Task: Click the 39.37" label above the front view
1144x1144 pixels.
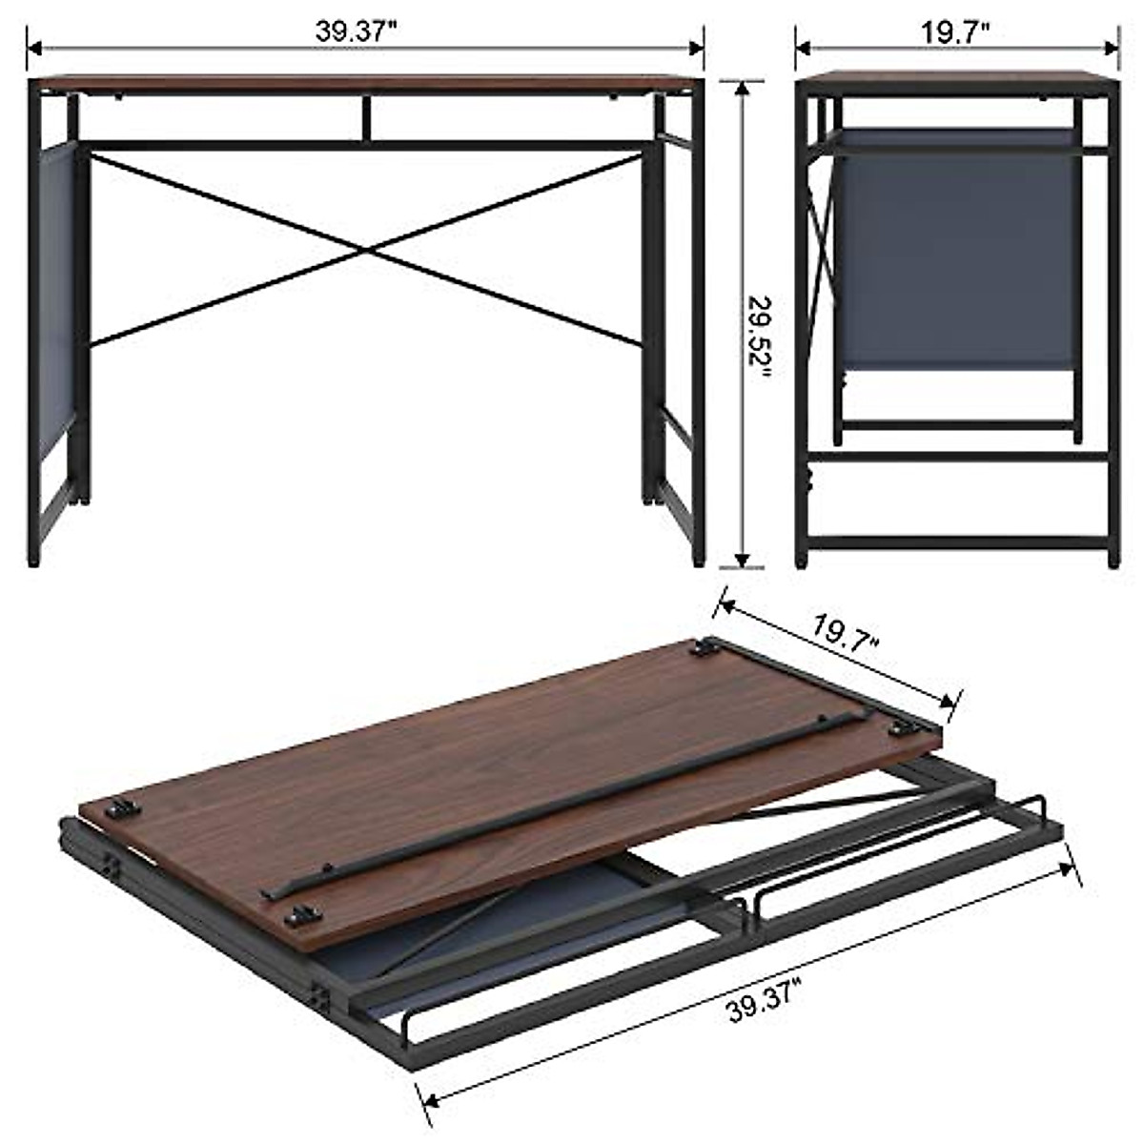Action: click(356, 31)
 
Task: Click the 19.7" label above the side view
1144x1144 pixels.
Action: click(955, 31)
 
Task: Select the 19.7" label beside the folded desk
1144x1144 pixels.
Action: click(846, 635)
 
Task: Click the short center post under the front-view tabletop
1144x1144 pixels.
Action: click(366, 117)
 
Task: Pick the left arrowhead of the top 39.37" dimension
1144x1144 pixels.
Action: click(32, 43)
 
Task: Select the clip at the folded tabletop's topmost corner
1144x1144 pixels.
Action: click(705, 648)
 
